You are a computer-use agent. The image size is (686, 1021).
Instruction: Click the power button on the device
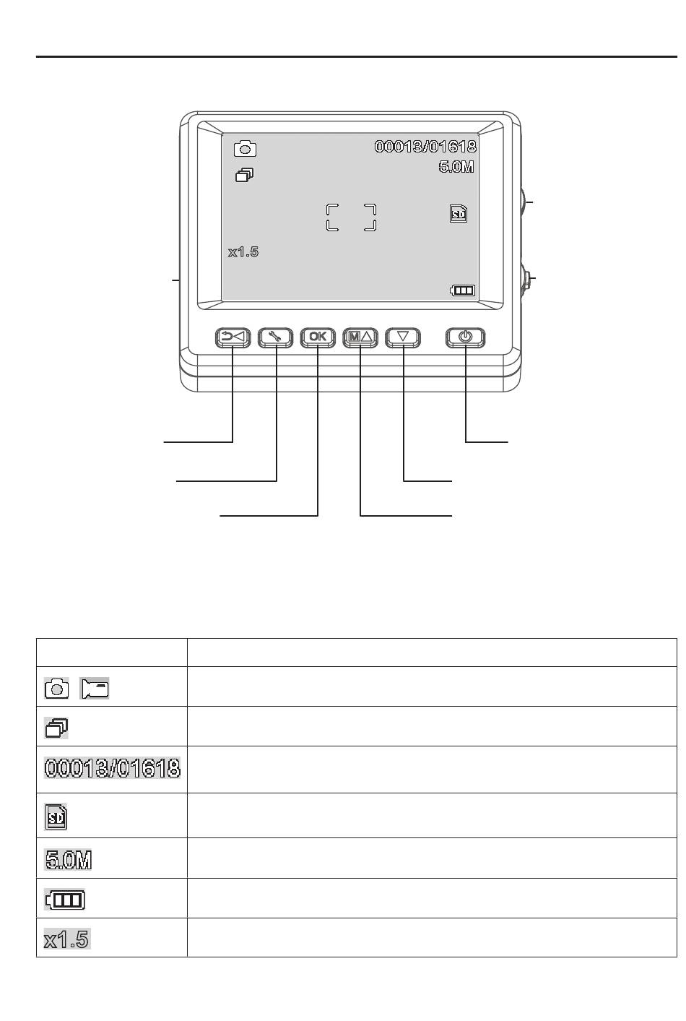point(465,337)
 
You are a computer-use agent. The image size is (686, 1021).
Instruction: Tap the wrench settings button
point(276,337)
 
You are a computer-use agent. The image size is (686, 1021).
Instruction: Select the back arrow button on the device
point(233,337)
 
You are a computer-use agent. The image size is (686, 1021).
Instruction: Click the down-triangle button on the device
point(403,337)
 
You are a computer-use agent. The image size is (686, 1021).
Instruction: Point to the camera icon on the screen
point(245,149)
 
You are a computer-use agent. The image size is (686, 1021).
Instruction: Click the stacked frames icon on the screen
point(245,175)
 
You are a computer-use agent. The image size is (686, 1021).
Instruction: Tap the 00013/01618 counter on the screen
point(425,146)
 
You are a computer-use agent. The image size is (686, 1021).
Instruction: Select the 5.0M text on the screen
point(456,167)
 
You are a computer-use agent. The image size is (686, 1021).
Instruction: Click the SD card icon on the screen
point(459,213)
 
